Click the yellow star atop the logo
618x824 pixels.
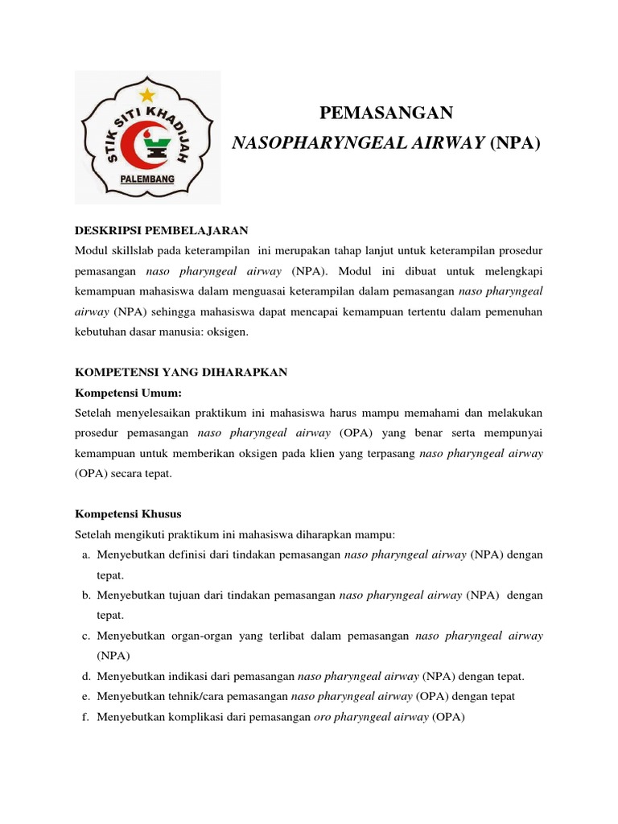click(146, 95)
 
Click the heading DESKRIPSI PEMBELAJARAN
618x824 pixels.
click(161, 230)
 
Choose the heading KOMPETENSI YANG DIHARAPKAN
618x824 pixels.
click(180, 372)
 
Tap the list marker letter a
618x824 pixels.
click(85, 555)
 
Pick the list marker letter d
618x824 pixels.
click(85, 676)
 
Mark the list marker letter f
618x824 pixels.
click(85, 716)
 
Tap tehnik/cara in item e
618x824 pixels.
click(194, 696)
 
